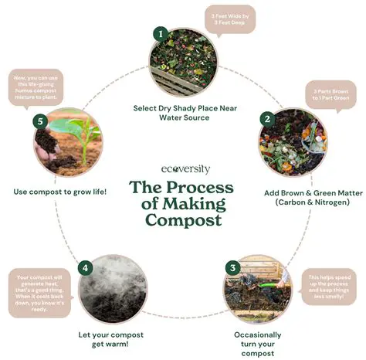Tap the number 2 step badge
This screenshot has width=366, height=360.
(x=266, y=120)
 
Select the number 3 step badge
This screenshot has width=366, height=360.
(x=231, y=267)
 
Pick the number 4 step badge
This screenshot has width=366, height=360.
(x=86, y=268)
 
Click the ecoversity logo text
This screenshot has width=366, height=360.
(x=182, y=169)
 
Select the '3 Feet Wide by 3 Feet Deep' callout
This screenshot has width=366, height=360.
(x=230, y=19)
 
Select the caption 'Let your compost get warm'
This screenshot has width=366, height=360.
(x=115, y=339)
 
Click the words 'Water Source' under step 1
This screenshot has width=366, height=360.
(x=184, y=118)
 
